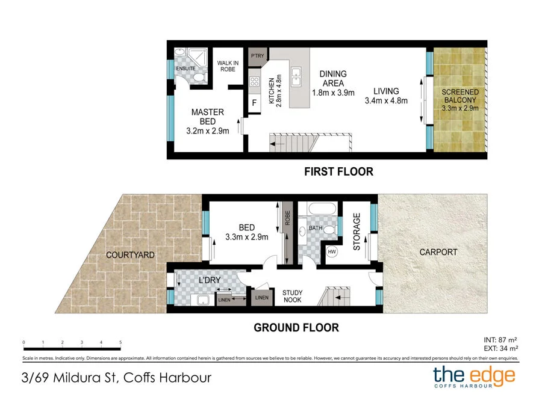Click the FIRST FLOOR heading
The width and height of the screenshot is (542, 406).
tap(338, 172)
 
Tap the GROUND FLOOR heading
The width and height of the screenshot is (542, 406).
tap(296, 328)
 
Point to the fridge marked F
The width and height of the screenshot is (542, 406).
tap(254, 103)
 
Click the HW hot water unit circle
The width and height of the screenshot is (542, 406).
tap(332, 251)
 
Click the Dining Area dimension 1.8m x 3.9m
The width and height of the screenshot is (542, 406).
tap(333, 93)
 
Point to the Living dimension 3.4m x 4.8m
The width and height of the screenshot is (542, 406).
tap(386, 101)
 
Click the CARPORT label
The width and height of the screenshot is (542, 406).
tap(439, 252)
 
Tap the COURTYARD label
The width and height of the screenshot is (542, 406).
tap(130, 255)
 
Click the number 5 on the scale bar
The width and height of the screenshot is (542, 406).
tap(120, 342)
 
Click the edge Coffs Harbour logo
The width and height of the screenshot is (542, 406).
tap(475, 378)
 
